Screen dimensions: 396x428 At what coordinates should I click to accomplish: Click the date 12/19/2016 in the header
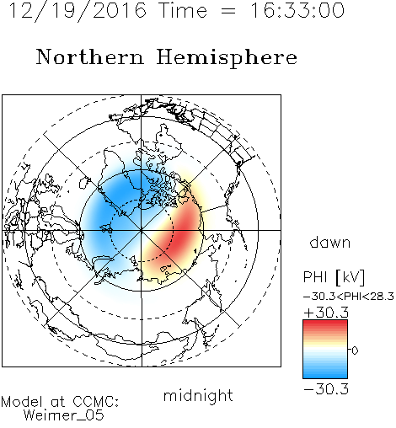[x=78, y=11]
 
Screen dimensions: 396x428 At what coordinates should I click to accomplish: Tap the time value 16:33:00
[x=297, y=10]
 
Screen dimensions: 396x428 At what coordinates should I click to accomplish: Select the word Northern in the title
[x=90, y=56]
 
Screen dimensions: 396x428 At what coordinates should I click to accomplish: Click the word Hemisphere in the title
[x=227, y=58]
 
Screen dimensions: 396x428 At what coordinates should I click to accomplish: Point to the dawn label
[x=330, y=242]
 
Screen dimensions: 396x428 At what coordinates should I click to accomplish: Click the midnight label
[x=198, y=395]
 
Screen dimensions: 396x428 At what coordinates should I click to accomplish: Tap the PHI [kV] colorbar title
[x=334, y=277]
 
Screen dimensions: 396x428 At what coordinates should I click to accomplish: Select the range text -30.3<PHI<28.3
[x=349, y=297]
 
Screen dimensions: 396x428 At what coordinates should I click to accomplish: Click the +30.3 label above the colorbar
[x=326, y=313]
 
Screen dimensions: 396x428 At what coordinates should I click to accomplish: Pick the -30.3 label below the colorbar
[x=326, y=389]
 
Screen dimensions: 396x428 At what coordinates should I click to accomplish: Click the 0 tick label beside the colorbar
[x=355, y=350]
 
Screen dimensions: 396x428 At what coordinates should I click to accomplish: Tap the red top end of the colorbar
[x=325, y=322]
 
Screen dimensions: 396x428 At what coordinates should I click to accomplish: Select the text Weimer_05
[x=64, y=415]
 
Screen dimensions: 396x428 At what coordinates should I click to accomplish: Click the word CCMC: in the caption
[x=95, y=402]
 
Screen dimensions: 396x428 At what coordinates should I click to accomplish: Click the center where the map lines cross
[x=142, y=230]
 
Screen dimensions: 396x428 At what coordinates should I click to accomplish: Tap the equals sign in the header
[x=228, y=11]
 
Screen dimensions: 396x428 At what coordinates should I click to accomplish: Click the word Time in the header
[x=183, y=10]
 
